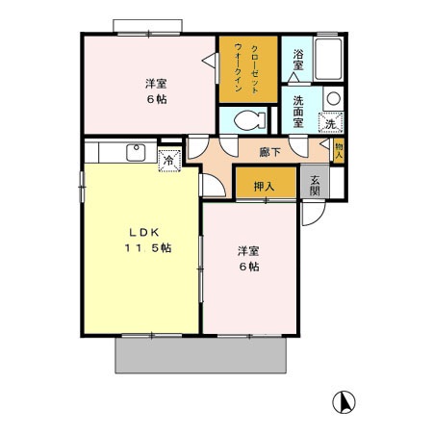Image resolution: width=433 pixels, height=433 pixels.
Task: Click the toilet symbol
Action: pos(246,120)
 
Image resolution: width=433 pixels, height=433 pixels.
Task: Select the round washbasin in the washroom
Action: pos(332,98)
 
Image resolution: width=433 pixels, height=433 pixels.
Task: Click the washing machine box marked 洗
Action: pos(331,122)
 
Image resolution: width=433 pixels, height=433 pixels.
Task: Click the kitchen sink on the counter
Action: pos(134,153)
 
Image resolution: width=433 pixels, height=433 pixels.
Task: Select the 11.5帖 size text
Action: pos(146,248)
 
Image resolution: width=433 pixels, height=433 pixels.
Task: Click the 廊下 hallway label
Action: pos(268,151)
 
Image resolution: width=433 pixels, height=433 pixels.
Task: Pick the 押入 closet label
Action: pos(265,185)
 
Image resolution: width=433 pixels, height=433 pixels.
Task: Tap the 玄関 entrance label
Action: pos(314,184)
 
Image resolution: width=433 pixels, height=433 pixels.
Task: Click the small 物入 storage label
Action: pos(339,149)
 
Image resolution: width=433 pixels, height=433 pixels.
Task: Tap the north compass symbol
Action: pos(342,399)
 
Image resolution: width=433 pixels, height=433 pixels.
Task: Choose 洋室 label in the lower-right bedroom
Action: pos(249,251)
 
